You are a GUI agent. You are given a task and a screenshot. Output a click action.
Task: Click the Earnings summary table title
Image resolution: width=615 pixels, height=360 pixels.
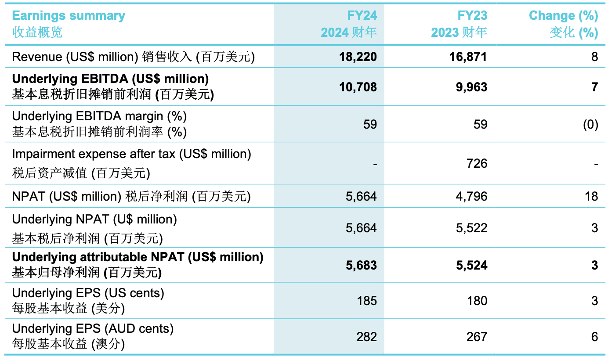tap(68, 16)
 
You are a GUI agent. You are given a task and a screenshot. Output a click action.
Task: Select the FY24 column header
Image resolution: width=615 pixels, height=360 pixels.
tap(362, 16)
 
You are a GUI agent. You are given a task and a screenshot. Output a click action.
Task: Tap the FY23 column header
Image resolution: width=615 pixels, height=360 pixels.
tap(472, 16)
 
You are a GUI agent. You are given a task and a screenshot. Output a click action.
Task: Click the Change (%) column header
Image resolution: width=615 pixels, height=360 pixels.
tap(563, 16)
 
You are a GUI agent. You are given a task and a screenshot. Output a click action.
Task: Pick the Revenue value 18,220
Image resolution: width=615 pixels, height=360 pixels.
tap(358, 57)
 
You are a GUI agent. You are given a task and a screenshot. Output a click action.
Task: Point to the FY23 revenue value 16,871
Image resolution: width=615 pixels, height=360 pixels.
tap(469, 57)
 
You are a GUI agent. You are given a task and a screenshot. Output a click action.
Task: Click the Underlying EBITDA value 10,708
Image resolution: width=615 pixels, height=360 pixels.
tap(358, 87)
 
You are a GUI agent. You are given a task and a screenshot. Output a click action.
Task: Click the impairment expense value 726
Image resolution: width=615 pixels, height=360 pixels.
tap(477, 164)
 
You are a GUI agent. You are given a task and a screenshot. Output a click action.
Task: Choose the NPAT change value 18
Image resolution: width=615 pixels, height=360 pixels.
tap(591, 196)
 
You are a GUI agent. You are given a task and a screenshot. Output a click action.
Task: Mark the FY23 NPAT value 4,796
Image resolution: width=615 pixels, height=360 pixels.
tap(471, 196)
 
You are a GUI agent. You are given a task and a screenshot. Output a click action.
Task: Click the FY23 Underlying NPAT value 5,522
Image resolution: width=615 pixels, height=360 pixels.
tap(471, 228)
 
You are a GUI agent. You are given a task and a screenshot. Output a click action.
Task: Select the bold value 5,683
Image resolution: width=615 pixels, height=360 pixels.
tap(361, 265)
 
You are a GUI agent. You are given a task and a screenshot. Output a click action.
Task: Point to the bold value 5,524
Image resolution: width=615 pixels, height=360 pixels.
tap(471, 265)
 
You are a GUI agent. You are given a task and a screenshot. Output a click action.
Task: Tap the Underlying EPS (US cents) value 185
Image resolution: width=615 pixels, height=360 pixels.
tap(367, 301)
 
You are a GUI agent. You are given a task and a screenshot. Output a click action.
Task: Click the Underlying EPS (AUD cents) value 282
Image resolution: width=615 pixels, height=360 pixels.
tap(367, 337)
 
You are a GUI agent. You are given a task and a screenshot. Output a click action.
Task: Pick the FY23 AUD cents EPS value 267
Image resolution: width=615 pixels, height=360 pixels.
tap(477, 337)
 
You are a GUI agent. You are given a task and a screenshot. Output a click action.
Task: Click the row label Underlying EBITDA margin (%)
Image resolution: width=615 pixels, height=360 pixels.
tap(99, 117)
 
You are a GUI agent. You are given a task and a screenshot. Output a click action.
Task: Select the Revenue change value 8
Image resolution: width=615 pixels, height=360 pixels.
tap(594, 57)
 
